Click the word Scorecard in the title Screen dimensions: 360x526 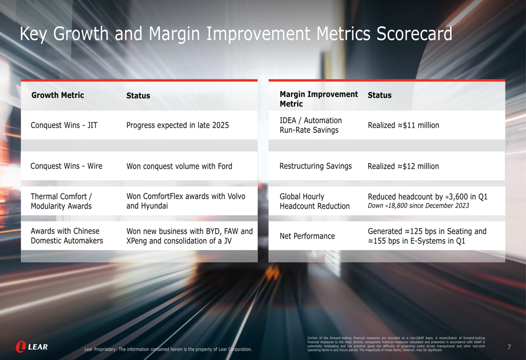point(414,34)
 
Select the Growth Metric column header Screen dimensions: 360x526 point(58,95)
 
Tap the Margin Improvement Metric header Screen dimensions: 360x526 point(318,99)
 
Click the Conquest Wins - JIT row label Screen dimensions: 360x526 point(64,125)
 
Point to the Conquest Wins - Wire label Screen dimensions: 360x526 point(66,166)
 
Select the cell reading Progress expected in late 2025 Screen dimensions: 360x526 point(177,125)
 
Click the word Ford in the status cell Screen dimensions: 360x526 point(225,166)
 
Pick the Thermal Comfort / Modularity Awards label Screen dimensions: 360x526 point(61,201)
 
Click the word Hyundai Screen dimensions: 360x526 point(154,206)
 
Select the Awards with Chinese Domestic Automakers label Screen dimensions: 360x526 point(67,236)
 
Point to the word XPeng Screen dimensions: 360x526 point(138,241)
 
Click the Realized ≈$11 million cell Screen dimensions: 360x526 point(403,125)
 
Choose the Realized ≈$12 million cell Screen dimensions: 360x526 point(403,166)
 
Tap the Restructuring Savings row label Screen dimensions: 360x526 point(316,166)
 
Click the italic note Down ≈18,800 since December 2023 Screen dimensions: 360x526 point(418,206)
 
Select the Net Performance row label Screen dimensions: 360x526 point(307,236)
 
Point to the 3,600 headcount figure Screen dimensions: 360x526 point(462,197)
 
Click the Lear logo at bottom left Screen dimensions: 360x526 point(32,347)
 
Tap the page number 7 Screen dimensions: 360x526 point(509,347)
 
